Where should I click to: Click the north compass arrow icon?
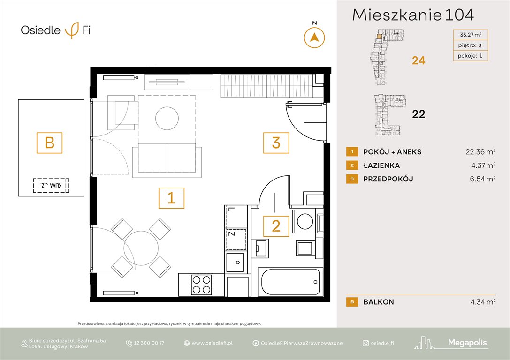point(314,37)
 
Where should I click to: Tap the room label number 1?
point(171,198)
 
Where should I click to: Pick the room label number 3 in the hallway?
point(276,142)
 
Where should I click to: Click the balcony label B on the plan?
point(50,142)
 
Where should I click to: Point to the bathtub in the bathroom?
point(290,282)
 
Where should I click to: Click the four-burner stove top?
point(202,284)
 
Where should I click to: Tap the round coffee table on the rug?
point(167,119)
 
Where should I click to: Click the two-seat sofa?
point(167,157)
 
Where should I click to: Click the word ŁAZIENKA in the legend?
point(381,165)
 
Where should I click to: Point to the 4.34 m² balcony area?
point(483,302)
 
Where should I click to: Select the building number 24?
point(418,60)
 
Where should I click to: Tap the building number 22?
point(418,114)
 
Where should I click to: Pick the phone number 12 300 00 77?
point(149,343)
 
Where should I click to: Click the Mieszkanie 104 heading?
point(413,15)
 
